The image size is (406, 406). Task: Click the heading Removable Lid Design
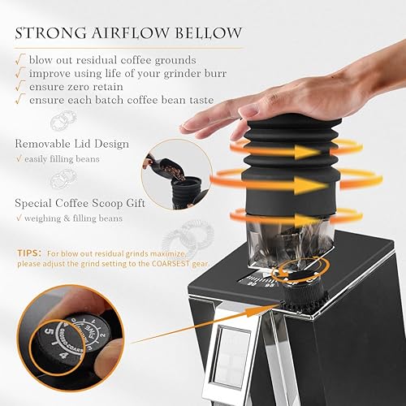71,144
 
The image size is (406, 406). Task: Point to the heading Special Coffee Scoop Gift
80,202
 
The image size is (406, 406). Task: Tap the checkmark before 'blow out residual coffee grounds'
19,60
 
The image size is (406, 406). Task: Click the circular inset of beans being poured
171,175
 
